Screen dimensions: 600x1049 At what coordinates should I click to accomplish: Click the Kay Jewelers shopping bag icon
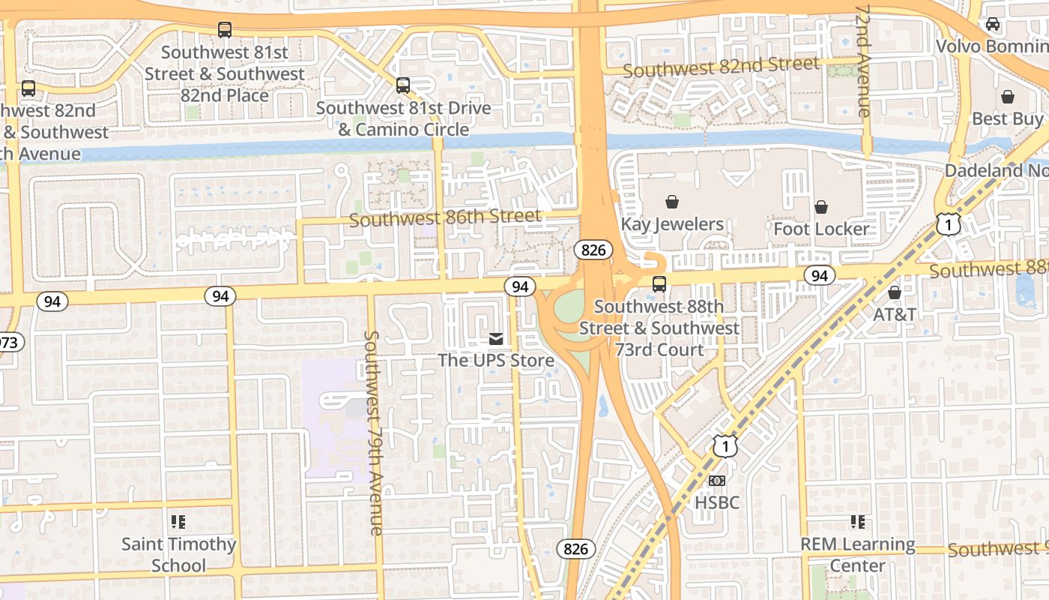(x=672, y=202)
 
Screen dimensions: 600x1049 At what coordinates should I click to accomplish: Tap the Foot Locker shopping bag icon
(x=821, y=206)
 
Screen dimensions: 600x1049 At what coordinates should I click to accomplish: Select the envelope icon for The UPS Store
(x=495, y=339)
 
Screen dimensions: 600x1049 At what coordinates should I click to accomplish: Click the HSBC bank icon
(x=717, y=480)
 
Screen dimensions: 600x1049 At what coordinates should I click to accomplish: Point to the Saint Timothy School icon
(x=178, y=521)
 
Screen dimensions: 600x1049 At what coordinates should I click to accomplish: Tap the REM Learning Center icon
(x=858, y=521)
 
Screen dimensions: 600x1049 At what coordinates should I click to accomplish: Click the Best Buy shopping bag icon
(x=1008, y=97)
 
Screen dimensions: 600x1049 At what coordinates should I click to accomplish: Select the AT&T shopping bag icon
(x=894, y=292)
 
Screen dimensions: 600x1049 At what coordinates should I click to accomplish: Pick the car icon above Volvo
(x=993, y=24)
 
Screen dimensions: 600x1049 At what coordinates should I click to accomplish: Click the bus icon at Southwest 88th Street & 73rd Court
(x=659, y=284)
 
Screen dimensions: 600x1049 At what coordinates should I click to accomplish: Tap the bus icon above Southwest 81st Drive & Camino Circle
(x=403, y=85)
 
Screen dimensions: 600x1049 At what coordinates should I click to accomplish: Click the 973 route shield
(x=9, y=343)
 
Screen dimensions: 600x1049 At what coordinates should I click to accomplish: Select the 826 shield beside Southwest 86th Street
(x=593, y=250)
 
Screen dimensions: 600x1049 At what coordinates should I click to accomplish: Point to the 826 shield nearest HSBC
(x=575, y=549)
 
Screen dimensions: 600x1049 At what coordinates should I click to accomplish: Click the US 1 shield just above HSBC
(x=725, y=446)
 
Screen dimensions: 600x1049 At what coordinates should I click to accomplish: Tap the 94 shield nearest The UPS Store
(x=519, y=286)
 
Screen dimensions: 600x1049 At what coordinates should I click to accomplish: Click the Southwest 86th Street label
(x=445, y=218)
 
